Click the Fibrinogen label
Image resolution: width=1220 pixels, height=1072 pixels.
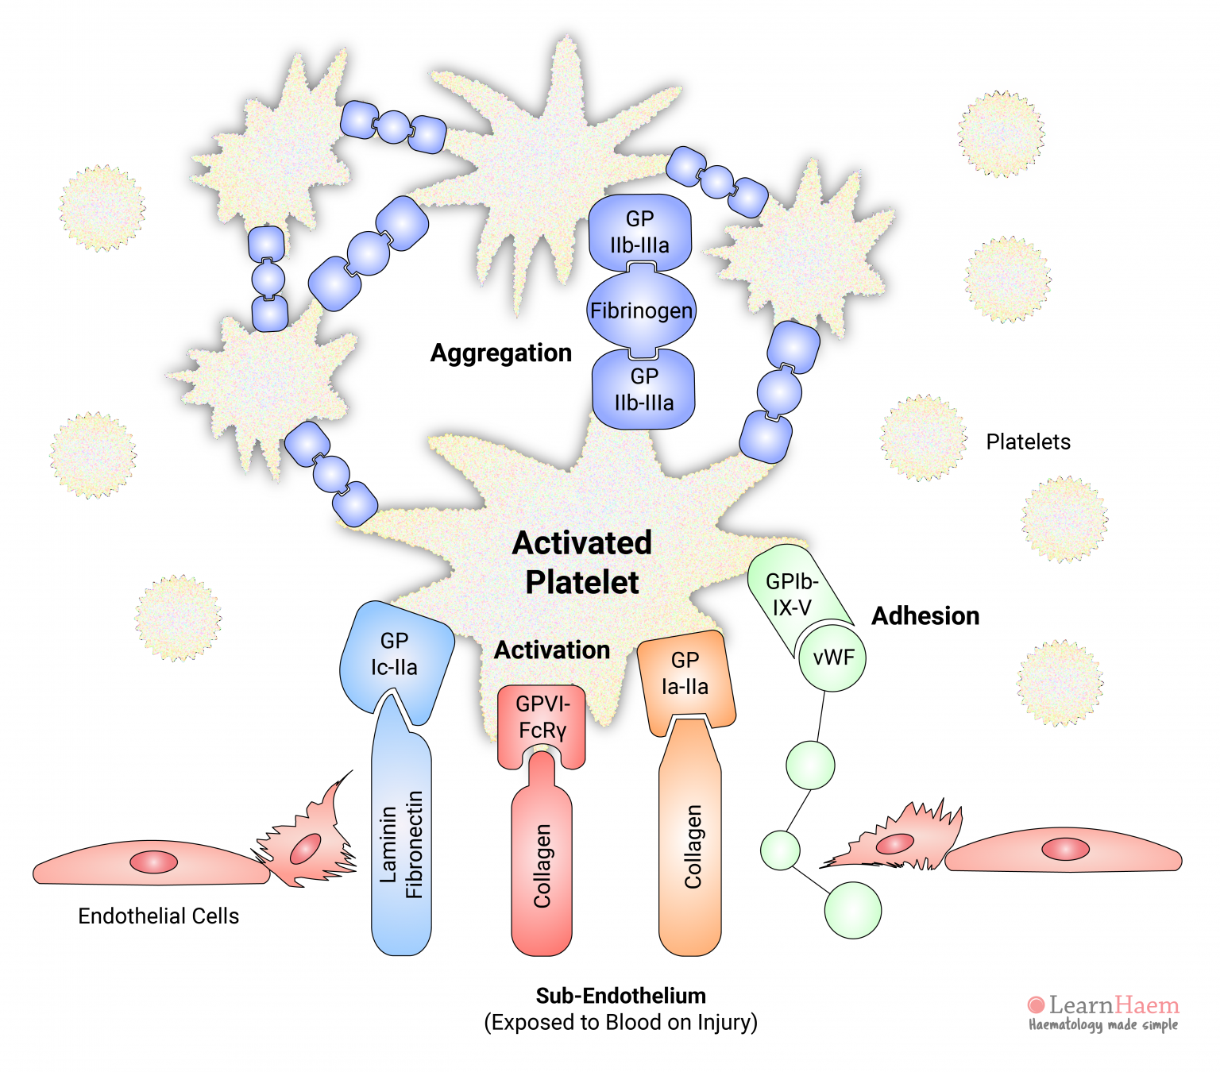[641, 310]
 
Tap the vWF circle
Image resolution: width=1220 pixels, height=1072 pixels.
[832, 657]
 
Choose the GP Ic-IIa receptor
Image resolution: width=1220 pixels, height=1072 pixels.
[395, 655]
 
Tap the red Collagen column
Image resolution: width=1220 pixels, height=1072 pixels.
[542, 866]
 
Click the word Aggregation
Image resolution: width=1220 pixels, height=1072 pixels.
[501, 353]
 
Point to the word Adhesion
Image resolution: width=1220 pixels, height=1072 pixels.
[925, 615]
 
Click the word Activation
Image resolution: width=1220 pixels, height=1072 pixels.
[552, 650]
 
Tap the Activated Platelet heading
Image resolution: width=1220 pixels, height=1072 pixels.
[582, 562]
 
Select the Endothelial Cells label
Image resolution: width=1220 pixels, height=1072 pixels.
[158, 916]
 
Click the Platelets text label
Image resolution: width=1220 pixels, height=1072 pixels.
[1028, 442]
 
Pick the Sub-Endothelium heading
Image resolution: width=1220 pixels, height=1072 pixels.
[620, 996]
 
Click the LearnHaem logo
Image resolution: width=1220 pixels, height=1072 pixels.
[1104, 1012]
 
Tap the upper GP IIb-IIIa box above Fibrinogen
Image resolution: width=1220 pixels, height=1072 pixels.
[640, 232]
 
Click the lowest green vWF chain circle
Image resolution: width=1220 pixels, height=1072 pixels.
[853, 910]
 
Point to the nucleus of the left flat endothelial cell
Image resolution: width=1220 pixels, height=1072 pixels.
[154, 862]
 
